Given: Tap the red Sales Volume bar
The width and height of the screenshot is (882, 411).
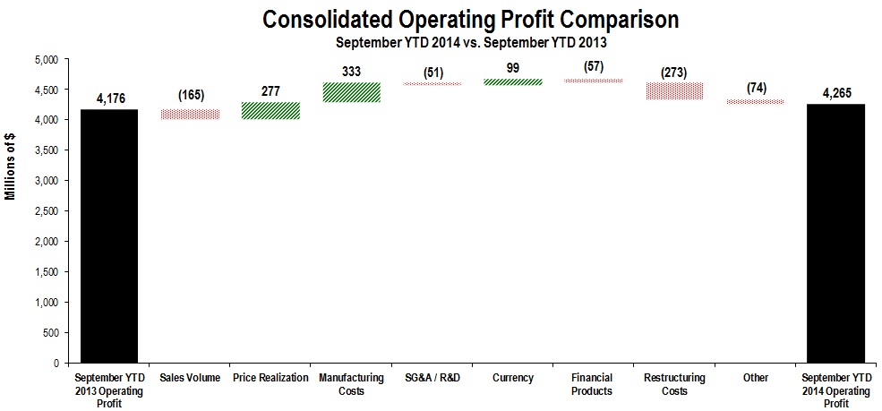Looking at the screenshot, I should (x=191, y=115).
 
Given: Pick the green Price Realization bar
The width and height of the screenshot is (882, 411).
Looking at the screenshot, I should (x=270, y=110).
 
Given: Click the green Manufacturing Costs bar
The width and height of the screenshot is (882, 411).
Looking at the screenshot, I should (x=351, y=92).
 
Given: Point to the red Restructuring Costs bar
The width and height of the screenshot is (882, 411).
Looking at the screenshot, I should (x=675, y=90).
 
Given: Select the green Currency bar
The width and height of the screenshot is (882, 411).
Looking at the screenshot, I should (x=513, y=81).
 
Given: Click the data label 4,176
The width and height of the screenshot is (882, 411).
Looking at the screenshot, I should (x=108, y=98).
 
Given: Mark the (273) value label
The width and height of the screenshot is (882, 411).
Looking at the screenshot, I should (x=675, y=72).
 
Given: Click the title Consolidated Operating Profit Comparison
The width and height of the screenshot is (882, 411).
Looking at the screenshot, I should (x=469, y=19).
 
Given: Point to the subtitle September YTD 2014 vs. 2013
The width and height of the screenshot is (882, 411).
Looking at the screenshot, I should (x=469, y=41).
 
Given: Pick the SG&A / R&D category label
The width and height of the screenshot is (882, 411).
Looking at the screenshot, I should (x=432, y=378).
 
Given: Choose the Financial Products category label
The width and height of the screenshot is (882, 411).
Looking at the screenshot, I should (x=594, y=384).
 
